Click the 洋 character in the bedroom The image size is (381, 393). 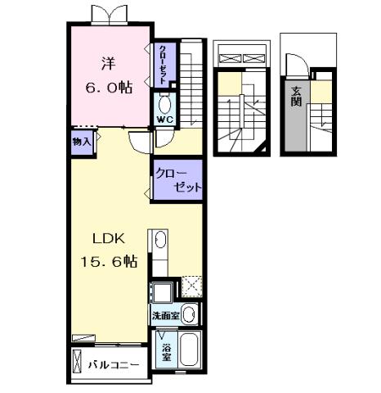pos(108,62)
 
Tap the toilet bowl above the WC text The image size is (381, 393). pos(165,104)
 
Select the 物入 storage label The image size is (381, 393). pos(83,142)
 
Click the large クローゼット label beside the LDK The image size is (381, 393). pos(179,179)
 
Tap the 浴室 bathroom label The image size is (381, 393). pos(166,350)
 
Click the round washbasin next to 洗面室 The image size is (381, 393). pos(189,314)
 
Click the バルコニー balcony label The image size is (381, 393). pos(114,365)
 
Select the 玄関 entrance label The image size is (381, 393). pos(296,97)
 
